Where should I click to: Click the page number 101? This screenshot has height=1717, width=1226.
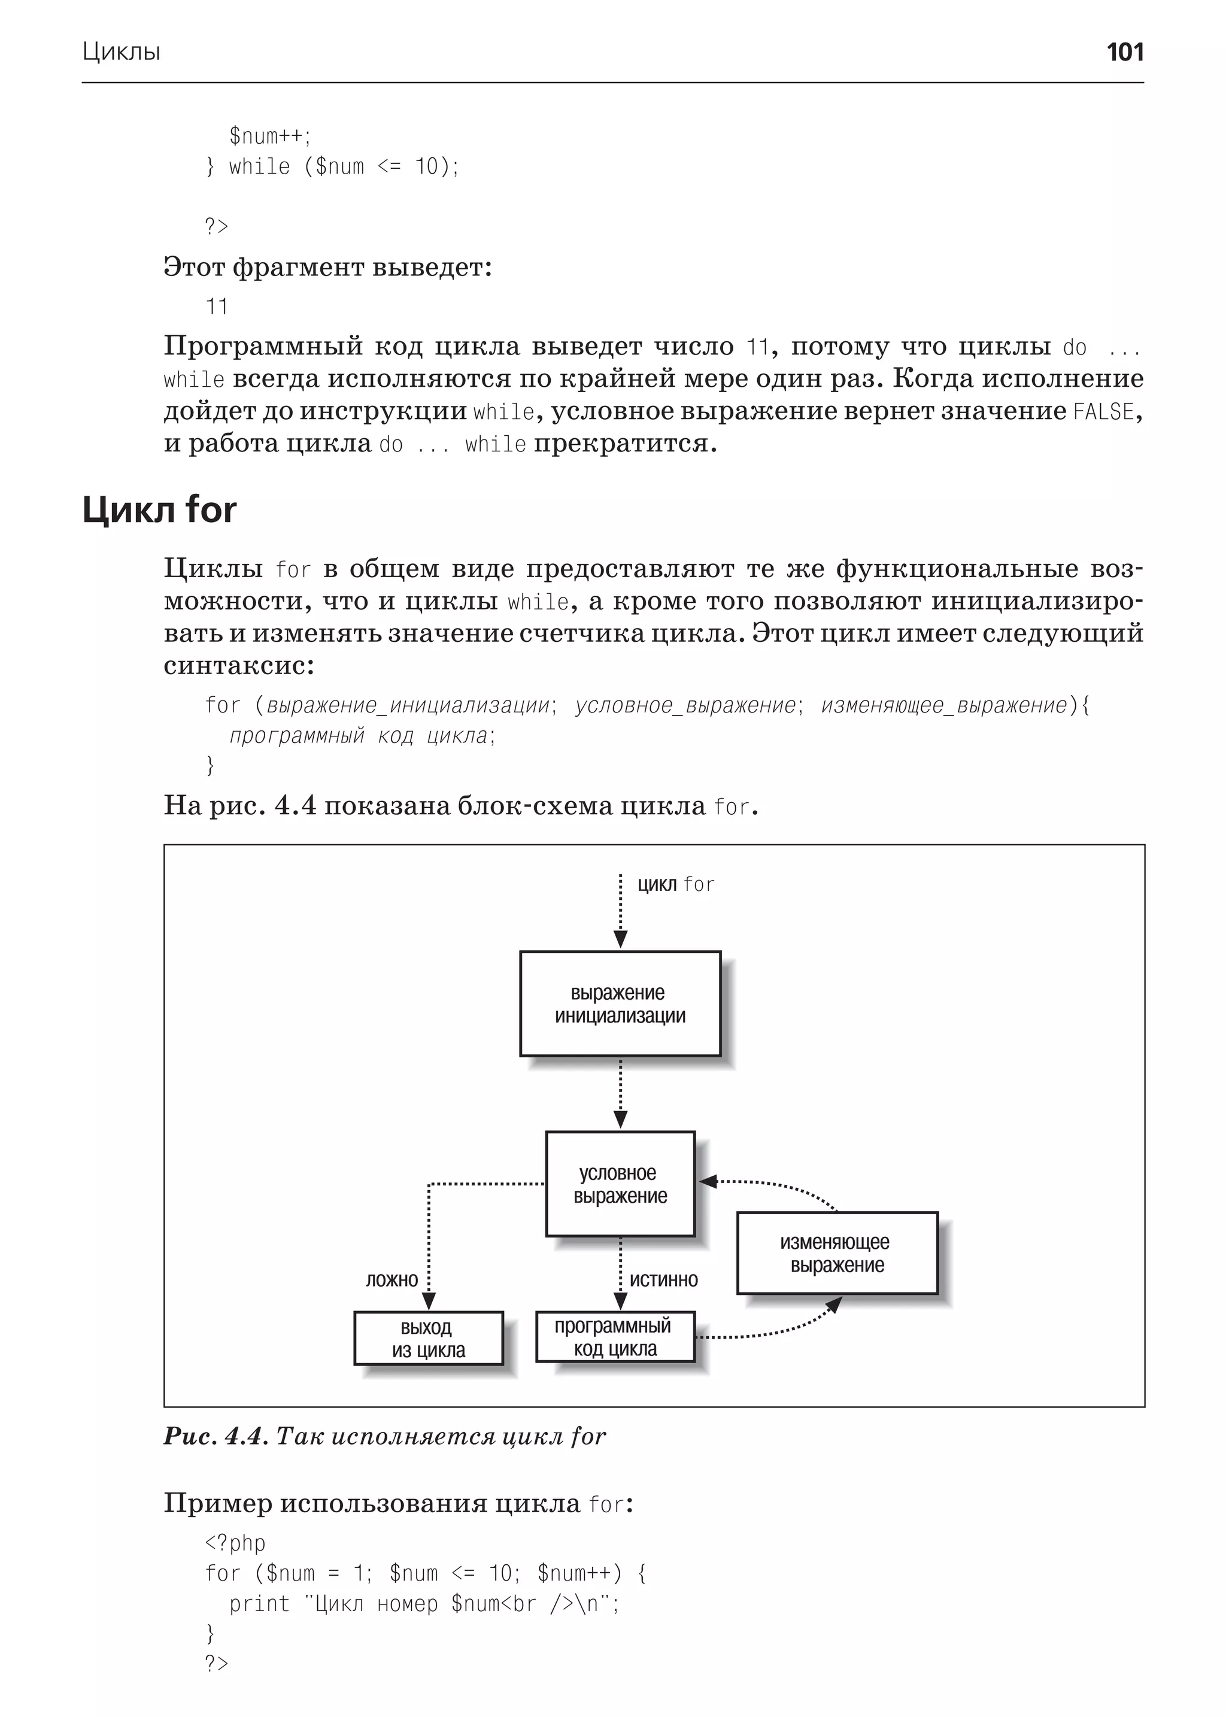tap(1124, 52)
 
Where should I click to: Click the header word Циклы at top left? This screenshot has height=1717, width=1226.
tap(121, 52)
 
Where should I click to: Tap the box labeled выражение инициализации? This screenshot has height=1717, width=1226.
tap(620, 1003)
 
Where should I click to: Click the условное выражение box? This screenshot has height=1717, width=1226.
tap(620, 1184)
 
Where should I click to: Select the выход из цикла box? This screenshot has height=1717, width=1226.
tap(428, 1339)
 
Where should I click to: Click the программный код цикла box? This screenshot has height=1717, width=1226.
tap(615, 1337)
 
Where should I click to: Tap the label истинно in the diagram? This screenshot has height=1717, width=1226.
tap(663, 1280)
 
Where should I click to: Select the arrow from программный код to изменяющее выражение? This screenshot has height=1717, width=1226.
tap(778, 1332)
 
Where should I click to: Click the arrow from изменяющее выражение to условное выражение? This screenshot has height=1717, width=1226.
tap(778, 1185)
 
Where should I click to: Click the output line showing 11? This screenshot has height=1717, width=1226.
tap(217, 307)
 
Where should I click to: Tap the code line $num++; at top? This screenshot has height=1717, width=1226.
tap(269, 136)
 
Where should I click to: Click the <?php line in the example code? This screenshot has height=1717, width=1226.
tap(235, 1543)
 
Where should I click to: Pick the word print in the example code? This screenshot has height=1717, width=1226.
tap(259, 1604)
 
